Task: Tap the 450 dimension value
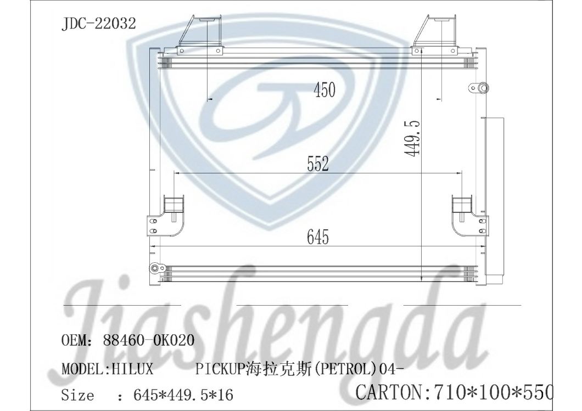click(324, 89)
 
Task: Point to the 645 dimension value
click(317, 237)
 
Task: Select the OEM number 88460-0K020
click(148, 340)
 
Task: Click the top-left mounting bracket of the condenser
click(200, 35)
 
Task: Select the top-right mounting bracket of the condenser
click(432, 35)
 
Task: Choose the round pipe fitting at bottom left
click(155, 268)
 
